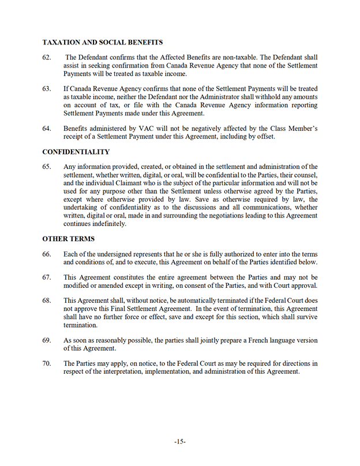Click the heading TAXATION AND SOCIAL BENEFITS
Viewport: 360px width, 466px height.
click(103, 42)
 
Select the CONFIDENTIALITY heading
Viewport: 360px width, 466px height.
click(76, 152)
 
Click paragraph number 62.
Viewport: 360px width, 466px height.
click(47, 58)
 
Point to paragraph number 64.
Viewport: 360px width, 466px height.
click(47, 128)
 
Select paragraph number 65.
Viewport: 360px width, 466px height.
click(47, 167)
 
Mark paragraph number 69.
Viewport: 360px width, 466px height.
click(47, 340)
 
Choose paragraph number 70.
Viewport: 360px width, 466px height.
click(47, 363)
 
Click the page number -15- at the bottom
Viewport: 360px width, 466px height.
click(179, 442)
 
